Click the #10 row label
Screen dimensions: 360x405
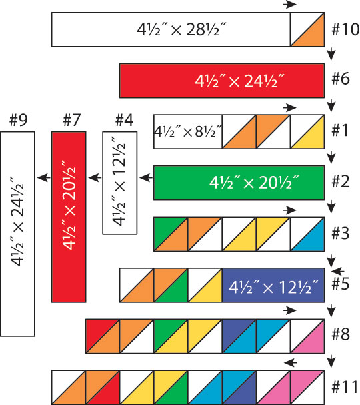(x=345, y=29)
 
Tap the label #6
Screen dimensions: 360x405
(x=341, y=79)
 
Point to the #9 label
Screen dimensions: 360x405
(x=18, y=120)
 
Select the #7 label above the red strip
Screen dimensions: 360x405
(x=72, y=120)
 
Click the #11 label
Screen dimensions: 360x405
(x=345, y=387)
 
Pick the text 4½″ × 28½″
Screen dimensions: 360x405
(x=181, y=29)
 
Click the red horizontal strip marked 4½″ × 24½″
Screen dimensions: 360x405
(x=222, y=81)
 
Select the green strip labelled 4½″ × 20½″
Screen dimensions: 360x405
(x=239, y=183)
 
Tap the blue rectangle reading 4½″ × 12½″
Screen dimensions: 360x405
(x=273, y=285)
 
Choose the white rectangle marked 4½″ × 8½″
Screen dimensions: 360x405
(x=188, y=131)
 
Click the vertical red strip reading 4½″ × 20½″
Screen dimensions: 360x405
(x=69, y=217)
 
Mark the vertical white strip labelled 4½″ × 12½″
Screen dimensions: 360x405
(x=120, y=183)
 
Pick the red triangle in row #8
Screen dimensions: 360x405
(x=97, y=331)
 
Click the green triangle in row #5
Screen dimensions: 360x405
(x=177, y=291)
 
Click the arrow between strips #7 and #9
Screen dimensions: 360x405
(x=44, y=177)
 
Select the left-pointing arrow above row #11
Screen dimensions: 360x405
(x=290, y=363)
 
